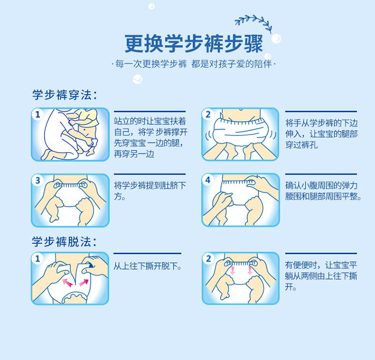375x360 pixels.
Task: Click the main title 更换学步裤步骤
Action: click(x=193, y=44)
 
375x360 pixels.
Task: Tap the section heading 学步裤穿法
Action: click(x=64, y=95)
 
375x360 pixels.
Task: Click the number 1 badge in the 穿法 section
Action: click(x=38, y=114)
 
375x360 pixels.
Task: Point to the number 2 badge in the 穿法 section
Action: click(x=208, y=114)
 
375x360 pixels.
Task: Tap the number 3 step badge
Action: click(x=38, y=180)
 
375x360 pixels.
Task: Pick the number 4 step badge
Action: click(x=208, y=180)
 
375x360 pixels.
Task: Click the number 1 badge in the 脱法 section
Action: click(x=37, y=258)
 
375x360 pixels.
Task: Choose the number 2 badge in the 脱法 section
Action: click(x=208, y=258)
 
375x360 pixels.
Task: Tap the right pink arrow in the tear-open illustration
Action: click(x=83, y=282)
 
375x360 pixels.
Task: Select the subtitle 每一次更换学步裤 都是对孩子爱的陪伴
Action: click(x=193, y=64)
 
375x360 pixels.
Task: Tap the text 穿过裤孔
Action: click(x=301, y=145)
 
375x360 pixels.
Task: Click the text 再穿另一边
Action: click(x=134, y=154)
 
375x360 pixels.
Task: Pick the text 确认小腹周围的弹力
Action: click(x=321, y=185)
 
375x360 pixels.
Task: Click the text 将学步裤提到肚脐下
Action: click(x=150, y=185)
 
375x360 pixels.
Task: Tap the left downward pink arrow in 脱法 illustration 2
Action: click(x=232, y=270)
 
